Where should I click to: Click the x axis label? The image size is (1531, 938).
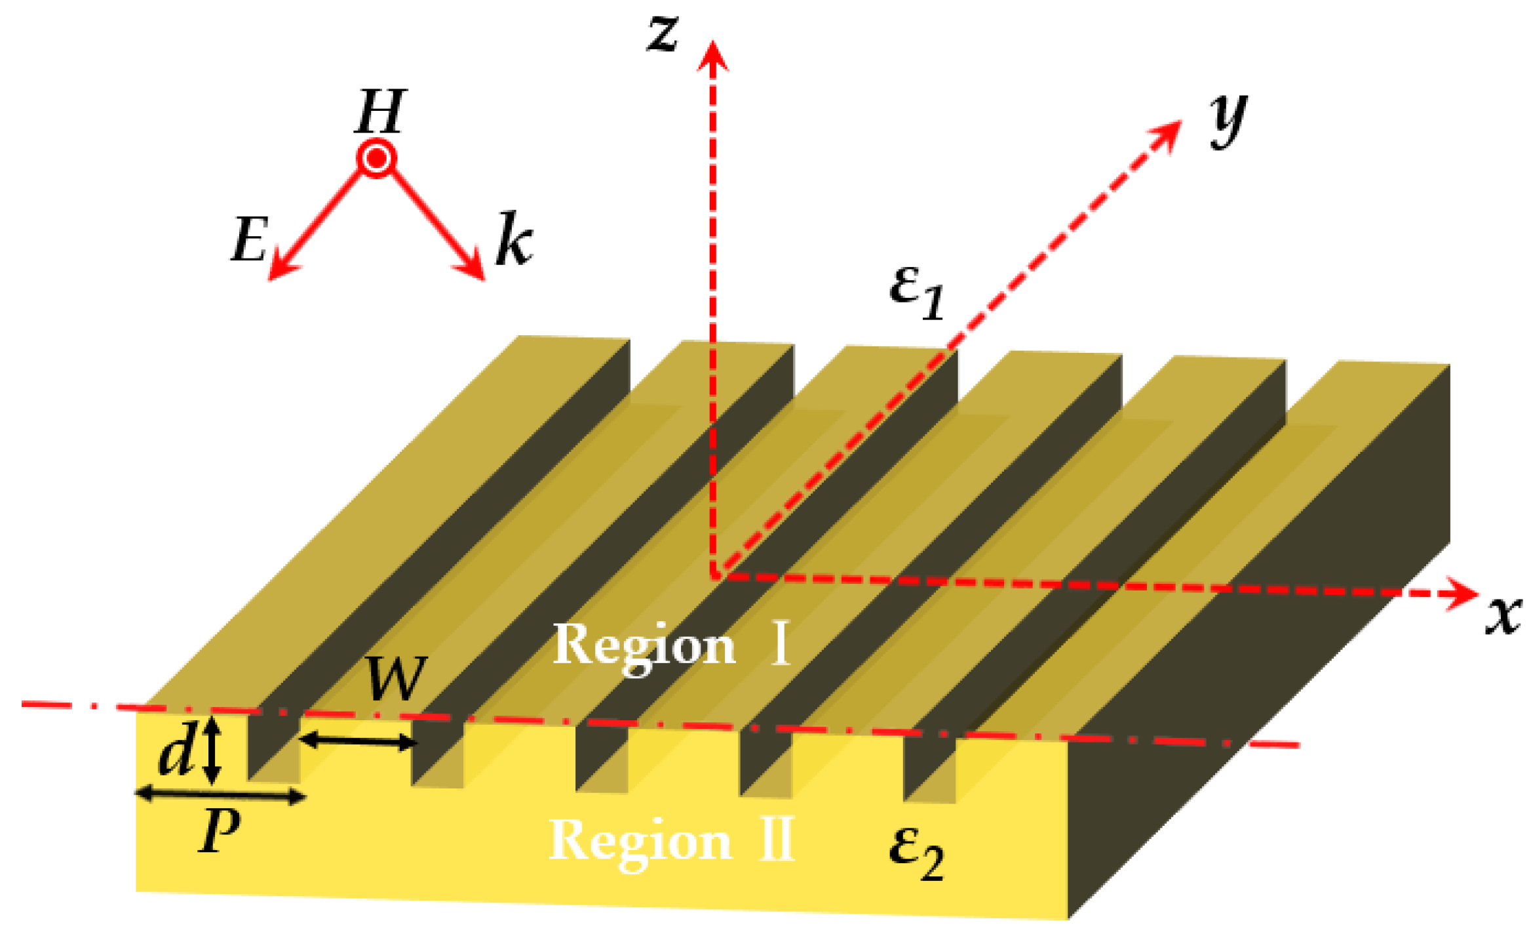point(1503,617)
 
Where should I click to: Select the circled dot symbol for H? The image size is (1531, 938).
point(377,159)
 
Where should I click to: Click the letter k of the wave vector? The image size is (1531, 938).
point(514,239)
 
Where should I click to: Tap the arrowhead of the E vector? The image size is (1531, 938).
point(279,269)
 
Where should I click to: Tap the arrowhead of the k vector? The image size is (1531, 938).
point(473,269)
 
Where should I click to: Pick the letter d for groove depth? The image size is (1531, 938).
point(176,752)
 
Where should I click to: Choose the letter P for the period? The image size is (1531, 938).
point(219,830)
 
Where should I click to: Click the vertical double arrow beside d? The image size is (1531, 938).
point(211,750)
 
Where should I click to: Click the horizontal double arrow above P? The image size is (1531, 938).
point(220,796)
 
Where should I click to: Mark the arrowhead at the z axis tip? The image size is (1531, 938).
point(712,54)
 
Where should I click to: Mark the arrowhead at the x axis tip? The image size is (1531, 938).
point(1464,593)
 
